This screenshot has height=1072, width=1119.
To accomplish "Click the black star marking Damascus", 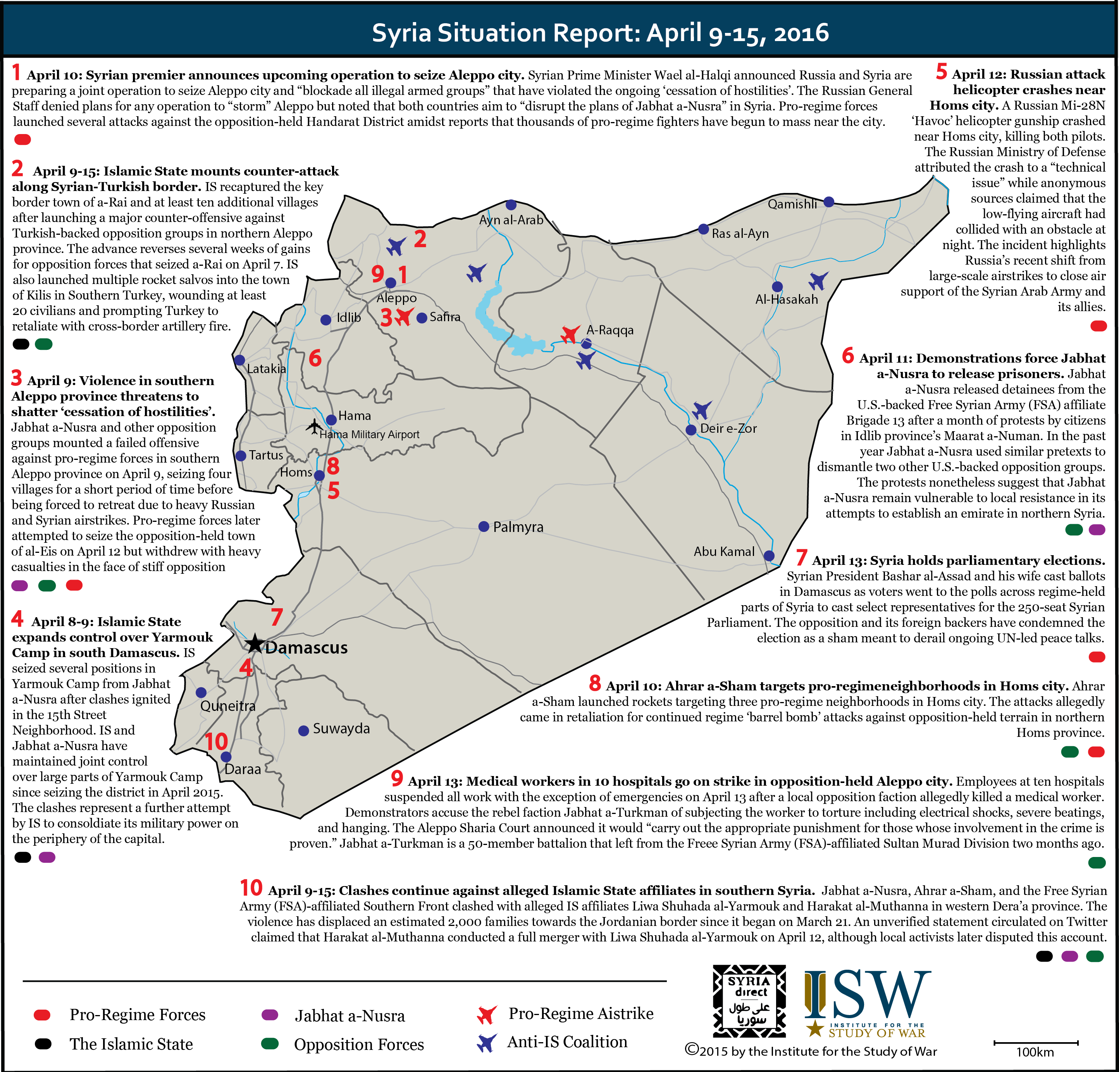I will (255, 644).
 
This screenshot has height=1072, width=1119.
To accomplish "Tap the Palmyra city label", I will (518, 527).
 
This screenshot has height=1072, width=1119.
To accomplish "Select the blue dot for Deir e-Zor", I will (691, 430).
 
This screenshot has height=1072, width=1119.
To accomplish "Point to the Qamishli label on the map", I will (792, 204).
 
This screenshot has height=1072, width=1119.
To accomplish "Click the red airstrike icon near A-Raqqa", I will (570, 334).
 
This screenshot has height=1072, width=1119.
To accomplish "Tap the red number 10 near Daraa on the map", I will (216, 742).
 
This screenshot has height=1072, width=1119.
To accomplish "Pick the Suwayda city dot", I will (304, 731).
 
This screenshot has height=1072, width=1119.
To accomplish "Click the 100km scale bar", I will (1036, 1043).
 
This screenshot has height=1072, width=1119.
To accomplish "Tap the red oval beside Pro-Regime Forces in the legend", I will (42, 1015).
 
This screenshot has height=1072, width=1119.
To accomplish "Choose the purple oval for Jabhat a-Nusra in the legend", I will (269, 1015).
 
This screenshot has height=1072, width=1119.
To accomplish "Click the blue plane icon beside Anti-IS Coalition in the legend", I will (486, 1043).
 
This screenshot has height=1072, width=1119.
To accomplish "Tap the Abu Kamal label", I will (723, 551).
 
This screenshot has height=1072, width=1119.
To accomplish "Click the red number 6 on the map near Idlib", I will (315, 358).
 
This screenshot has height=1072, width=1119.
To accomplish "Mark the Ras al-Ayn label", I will (740, 234).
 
